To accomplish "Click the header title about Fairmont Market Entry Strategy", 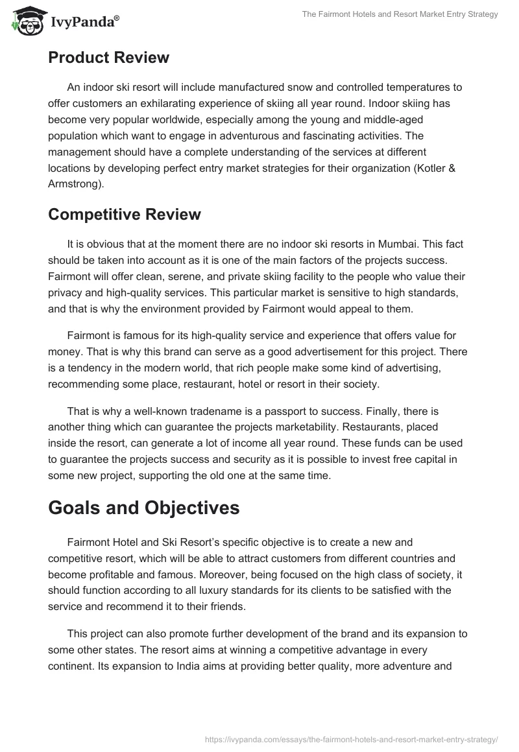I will point(400,14).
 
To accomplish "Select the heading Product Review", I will point(108,58).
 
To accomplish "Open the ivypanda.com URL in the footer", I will point(350,738).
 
